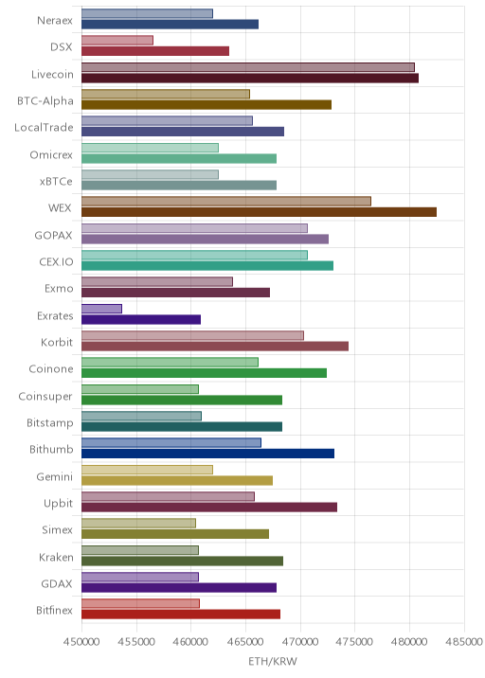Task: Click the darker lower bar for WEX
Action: (259, 212)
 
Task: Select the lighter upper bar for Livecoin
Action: (248, 67)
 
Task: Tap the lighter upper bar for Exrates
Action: (101, 309)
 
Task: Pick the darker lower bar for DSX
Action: (155, 51)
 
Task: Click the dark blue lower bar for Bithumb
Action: (207, 454)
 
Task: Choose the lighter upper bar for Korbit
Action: (192, 335)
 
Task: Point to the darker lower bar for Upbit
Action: (209, 508)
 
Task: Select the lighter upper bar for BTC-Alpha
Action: (166, 94)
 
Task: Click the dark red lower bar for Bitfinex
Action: (181, 615)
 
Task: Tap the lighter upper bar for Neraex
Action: (147, 13)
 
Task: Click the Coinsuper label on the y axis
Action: (45, 397)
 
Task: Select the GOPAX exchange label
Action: (54, 235)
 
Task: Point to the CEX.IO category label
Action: (56, 262)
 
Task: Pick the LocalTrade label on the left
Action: (44, 128)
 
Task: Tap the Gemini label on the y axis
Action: (55, 476)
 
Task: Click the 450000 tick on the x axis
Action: (81, 641)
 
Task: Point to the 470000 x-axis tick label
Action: (300, 641)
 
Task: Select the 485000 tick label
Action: (464, 641)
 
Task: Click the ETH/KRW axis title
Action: (273, 662)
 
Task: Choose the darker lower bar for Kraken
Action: (182, 561)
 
